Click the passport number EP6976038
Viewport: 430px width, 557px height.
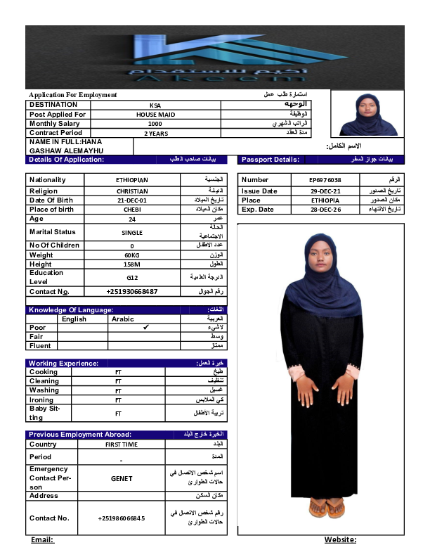coord(325,180)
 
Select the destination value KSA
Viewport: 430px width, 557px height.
coord(155,105)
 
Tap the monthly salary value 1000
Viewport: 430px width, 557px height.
coord(155,124)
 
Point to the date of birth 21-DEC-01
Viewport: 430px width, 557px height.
coord(132,200)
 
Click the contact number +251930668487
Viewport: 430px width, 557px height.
coord(132,291)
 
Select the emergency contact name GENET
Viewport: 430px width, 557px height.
coord(122,478)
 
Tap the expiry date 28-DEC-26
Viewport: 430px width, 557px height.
coord(325,210)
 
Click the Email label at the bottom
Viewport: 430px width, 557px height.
coord(42,539)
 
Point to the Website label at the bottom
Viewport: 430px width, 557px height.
coord(340,539)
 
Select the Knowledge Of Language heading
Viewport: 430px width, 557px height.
coord(70,309)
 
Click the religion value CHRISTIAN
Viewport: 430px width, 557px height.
coord(132,191)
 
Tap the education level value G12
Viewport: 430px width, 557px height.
coord(132,277)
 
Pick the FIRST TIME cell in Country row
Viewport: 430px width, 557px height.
coord(122,444)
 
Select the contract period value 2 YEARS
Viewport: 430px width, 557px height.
coord(155,133)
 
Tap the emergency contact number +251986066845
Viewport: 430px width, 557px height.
coord(122,518)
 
